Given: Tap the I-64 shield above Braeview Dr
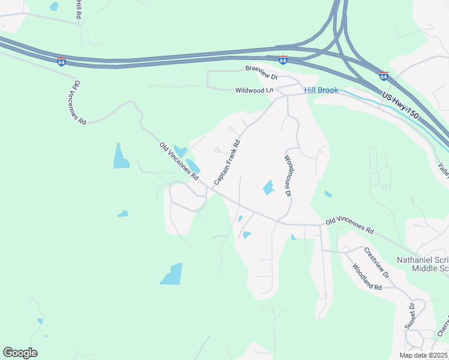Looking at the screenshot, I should point(283,59).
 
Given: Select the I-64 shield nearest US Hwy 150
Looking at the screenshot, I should point(384,76).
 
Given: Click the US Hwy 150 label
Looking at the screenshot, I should point(400,98).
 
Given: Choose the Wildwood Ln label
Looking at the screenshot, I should point(254,90).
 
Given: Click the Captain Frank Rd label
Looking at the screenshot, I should point(227,162).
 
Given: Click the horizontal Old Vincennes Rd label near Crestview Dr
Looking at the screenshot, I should point(349,226).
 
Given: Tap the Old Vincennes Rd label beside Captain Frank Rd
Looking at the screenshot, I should point(178,161).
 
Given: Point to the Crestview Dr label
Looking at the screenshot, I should point(376,262).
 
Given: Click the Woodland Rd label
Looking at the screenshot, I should point(367,278).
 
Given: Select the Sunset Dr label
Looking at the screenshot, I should point(411,316).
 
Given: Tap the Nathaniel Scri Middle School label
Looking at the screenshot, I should point(423,264).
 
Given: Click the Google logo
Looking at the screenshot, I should point(20,353).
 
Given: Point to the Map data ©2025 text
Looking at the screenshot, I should point(424,355).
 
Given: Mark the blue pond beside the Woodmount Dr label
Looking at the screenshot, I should point(268,188).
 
